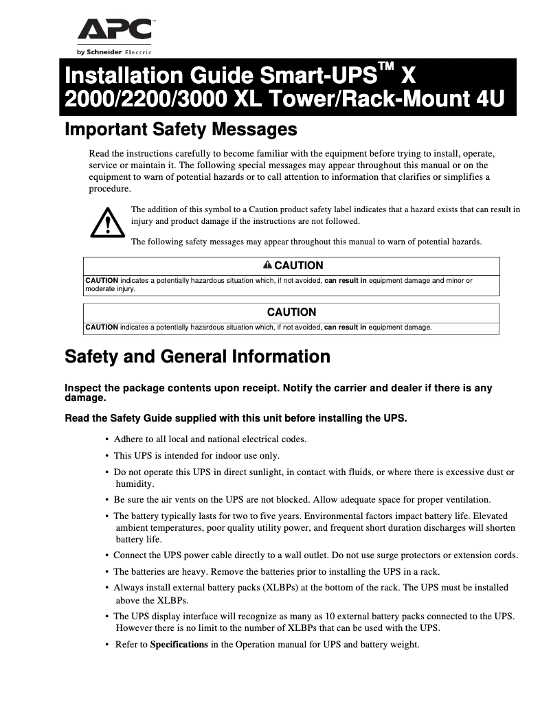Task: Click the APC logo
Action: tap(114, 31)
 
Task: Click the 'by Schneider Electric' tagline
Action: tap(114, 52)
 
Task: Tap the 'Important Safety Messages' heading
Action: tap(180, 129)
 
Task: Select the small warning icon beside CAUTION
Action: tap(267, 265)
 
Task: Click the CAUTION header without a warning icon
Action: tap(291, 312)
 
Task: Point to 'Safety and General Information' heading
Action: tap(197, 357)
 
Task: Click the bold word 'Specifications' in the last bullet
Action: tap(179, 645)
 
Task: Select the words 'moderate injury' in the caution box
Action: tap(110, 289)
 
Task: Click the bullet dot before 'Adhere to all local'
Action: tap(106, 439)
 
